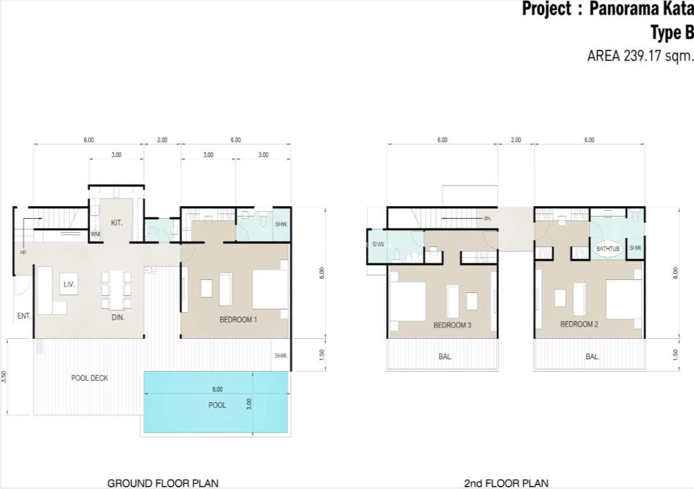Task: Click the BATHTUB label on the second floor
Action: point(608,249)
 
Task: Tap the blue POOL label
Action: point(217,405)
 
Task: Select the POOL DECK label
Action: point(90,378)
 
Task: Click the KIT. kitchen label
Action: point(116,223)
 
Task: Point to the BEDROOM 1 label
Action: point(238,320)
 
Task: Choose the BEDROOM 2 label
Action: point(579,324)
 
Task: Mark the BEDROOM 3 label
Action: point(452,325)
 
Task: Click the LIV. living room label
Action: point(69,284)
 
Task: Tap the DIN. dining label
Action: point(118,317)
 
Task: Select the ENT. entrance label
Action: point(24,316)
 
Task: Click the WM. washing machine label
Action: point(95,234)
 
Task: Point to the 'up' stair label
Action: point(23,252)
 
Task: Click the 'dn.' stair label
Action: point(487,218)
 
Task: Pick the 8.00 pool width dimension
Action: point(217,389)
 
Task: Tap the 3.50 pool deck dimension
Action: point(4,377)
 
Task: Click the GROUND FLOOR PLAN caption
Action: point(163,483)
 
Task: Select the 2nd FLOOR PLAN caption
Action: point(506,484)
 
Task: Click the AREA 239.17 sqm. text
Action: point(639,56)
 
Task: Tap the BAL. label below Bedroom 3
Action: point(445,356)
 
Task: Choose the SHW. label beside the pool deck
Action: point(281,356)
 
